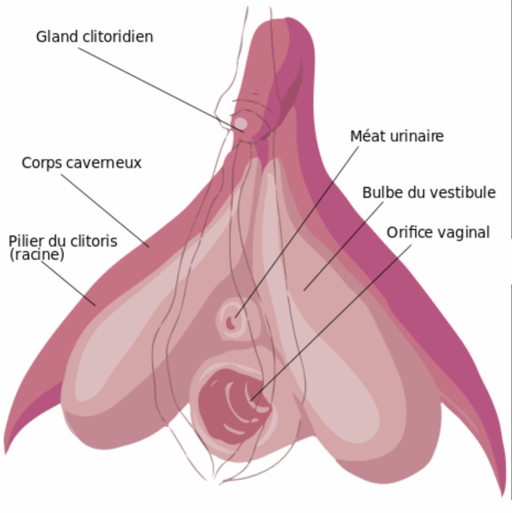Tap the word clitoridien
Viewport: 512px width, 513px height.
(118, 36)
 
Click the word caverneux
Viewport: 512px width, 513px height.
(104, 163)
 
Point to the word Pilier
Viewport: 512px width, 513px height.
(26, 241)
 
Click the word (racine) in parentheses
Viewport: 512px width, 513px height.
(36, 255)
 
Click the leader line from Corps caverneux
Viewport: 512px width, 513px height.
(105, 211)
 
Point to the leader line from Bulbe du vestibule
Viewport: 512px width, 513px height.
(343, 246)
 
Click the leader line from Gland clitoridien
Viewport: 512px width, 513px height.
(161, 90)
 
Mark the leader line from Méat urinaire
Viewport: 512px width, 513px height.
(297, 232)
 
